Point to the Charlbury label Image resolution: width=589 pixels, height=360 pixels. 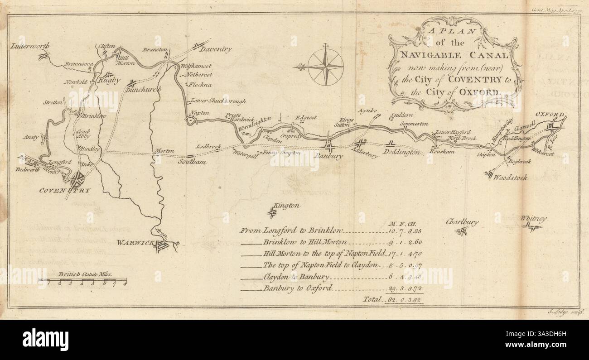pos(462,222)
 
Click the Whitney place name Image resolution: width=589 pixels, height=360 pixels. pos(533,219)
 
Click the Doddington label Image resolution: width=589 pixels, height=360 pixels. pos(402,153)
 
